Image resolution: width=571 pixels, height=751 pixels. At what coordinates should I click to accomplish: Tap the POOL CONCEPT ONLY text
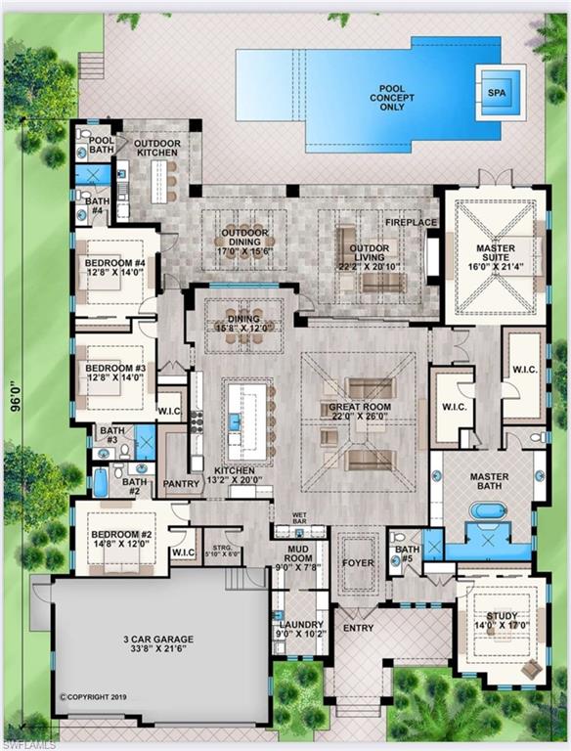click(x=386, y=98)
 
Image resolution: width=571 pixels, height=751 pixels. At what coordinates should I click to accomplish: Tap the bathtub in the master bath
click(x=486, y=509)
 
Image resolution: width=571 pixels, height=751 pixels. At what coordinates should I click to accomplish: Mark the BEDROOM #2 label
click(x=118, y=540)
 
